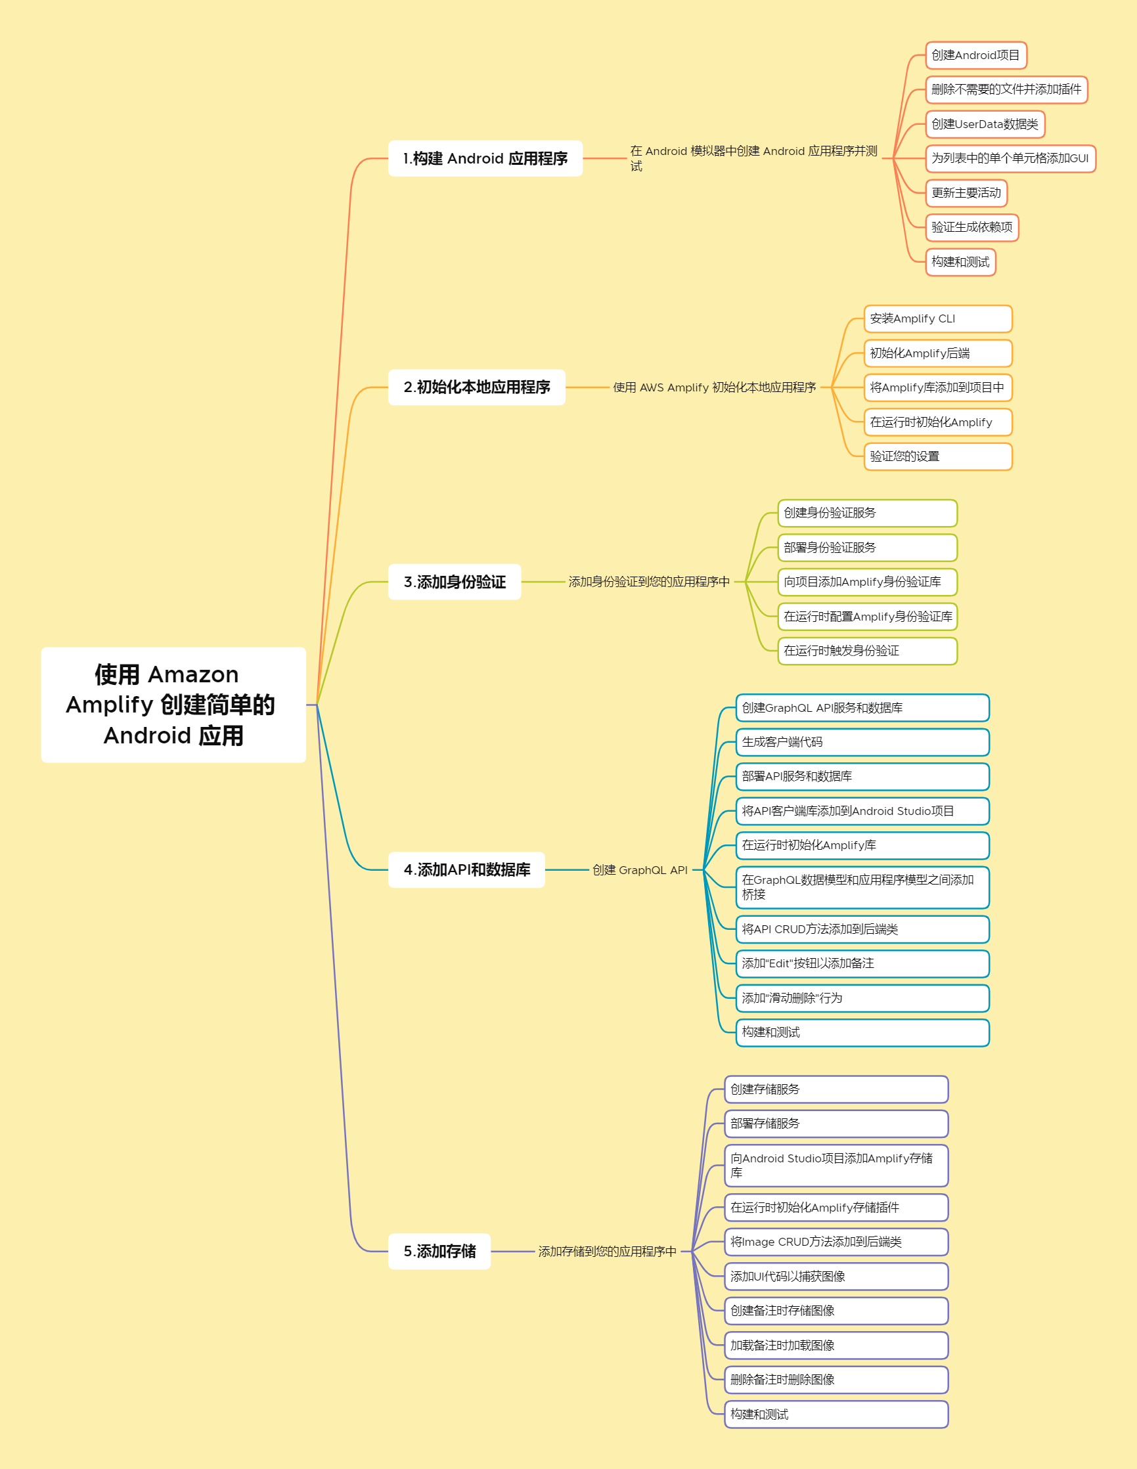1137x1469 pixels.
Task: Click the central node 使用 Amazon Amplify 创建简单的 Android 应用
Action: pyautogui.click(x=173, y=704)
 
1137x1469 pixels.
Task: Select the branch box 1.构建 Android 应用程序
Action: pyautogui.click(x=485, y=158)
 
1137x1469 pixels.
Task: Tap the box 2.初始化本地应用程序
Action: pyautogui.click(x=476, y=387)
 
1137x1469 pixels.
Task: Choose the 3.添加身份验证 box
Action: pyautogui.click(x=454, y=581)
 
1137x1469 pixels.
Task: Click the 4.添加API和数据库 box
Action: pyautogui.click(x=466, y=869)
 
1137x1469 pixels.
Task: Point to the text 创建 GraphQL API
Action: pyautogui.click(x=640, y=869)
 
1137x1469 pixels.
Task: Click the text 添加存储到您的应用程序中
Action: pyautogui.click(x=607, y=1251)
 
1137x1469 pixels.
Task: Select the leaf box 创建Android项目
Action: pyautogui.click(x=975, y=55)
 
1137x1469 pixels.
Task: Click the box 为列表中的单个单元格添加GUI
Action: pyautogui.click(x=1010, y=158)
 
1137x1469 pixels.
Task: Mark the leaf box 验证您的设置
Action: pyautogui.click(x=937, y=456)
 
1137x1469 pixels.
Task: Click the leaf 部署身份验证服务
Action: pyautogui.click(x=866, y=547)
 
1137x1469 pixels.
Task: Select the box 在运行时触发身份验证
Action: pyautogui.click(x=866, y=650)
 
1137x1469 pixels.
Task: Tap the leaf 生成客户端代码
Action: pyautogui.click(x=862, y=741)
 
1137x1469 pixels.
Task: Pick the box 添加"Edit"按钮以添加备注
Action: pyautogui.click(x=862, y=963)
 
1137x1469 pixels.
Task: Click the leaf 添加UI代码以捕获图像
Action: pyautogui.click(x=836, y=1276)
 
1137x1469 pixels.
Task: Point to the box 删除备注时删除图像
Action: pyautogui.click(x=836, y=1379)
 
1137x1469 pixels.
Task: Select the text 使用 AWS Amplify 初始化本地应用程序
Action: pyautogui.click(x=714, y=387)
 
